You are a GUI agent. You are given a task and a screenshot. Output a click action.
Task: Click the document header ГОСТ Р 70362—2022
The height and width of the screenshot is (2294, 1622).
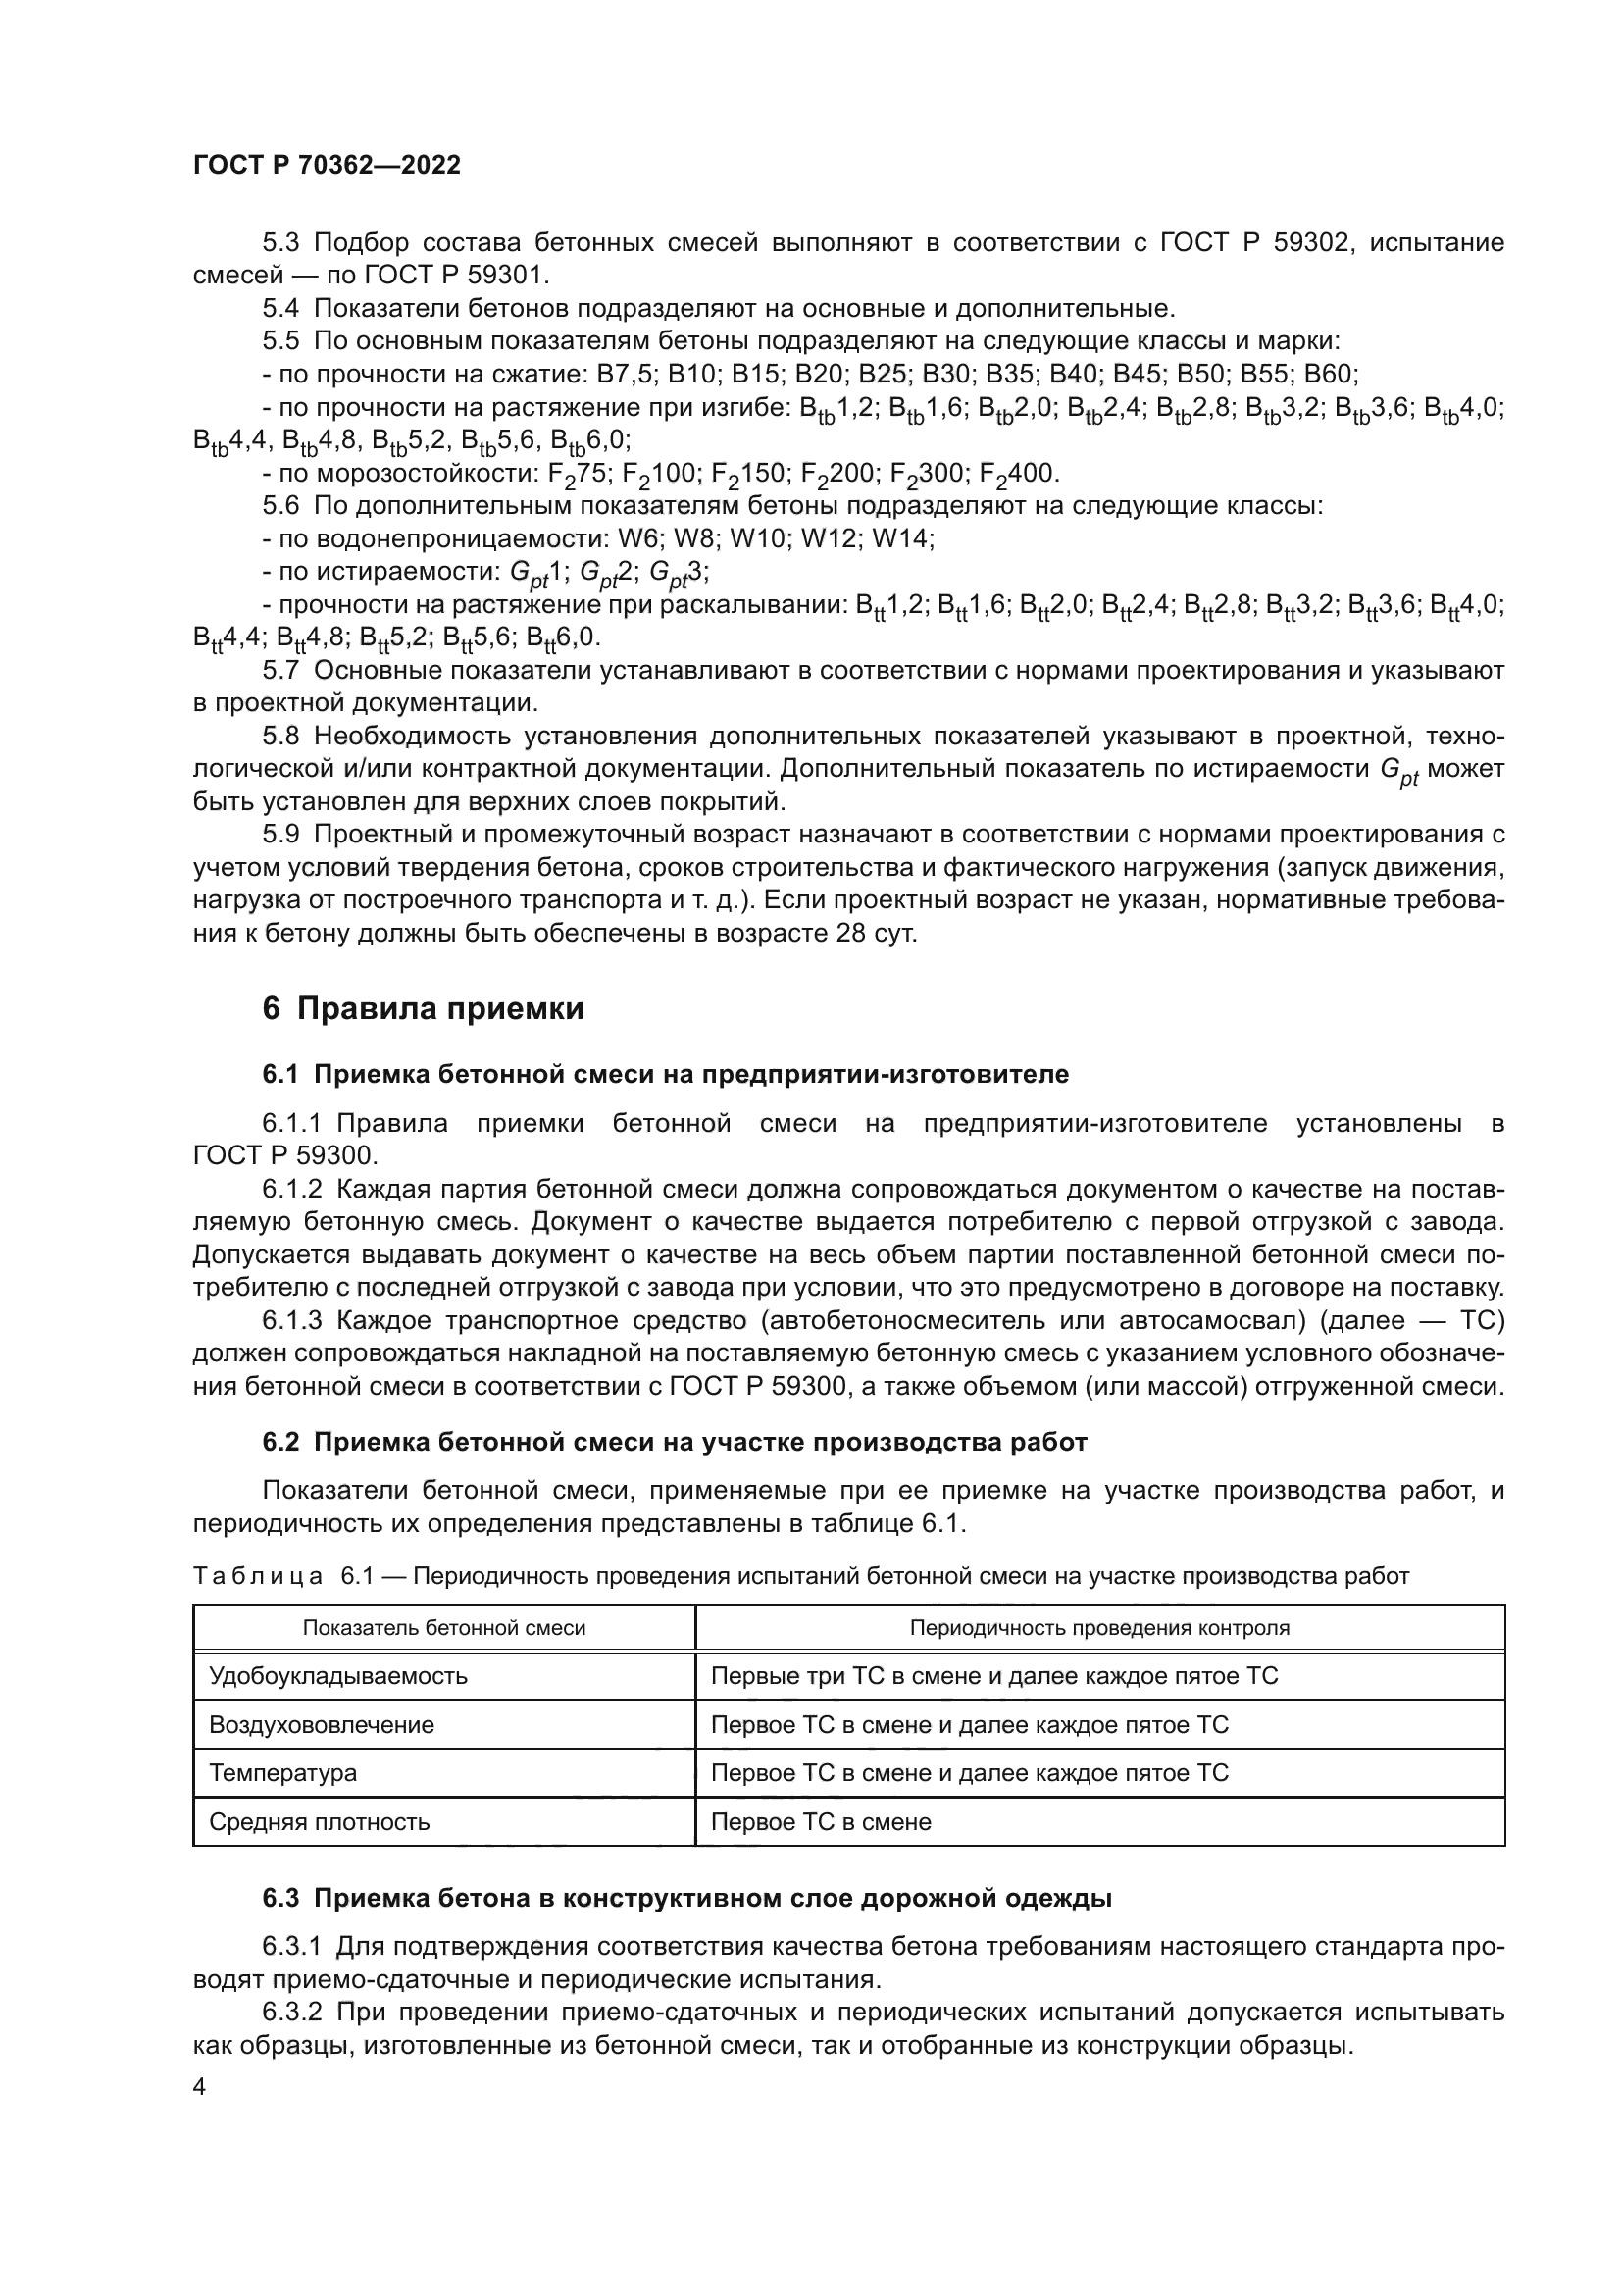tap(327, 166)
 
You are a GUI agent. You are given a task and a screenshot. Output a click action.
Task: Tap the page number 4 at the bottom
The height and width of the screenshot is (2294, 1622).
tap(200, 2087)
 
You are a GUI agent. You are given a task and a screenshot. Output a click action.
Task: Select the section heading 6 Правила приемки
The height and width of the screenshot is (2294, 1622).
tap(423, 1009)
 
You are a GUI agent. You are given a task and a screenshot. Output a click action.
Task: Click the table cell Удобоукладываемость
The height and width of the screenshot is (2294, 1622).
tap(337, 1675)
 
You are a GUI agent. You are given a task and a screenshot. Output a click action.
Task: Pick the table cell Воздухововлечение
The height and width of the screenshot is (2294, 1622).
tap(322, 1724)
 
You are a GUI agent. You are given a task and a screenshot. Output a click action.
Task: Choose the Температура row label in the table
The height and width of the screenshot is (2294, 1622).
tap(282, 1773)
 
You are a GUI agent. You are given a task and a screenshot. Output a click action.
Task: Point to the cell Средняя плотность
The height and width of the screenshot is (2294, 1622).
tap(319, 1821)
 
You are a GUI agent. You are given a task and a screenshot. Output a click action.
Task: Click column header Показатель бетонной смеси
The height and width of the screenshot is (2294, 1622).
tap(443, 1628)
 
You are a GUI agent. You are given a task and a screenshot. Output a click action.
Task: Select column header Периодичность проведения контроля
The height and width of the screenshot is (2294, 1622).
tap(1098, 1628)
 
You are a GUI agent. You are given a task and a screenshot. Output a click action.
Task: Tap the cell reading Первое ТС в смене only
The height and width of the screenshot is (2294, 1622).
tap(820, 1821)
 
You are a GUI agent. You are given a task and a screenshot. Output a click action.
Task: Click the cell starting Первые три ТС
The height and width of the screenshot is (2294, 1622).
tap(993, 1675)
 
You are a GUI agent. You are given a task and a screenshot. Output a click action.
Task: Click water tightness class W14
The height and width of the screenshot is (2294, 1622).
tap(901, 539)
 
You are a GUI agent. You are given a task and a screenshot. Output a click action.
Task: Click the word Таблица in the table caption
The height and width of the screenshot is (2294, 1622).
tap(258, 1577)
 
